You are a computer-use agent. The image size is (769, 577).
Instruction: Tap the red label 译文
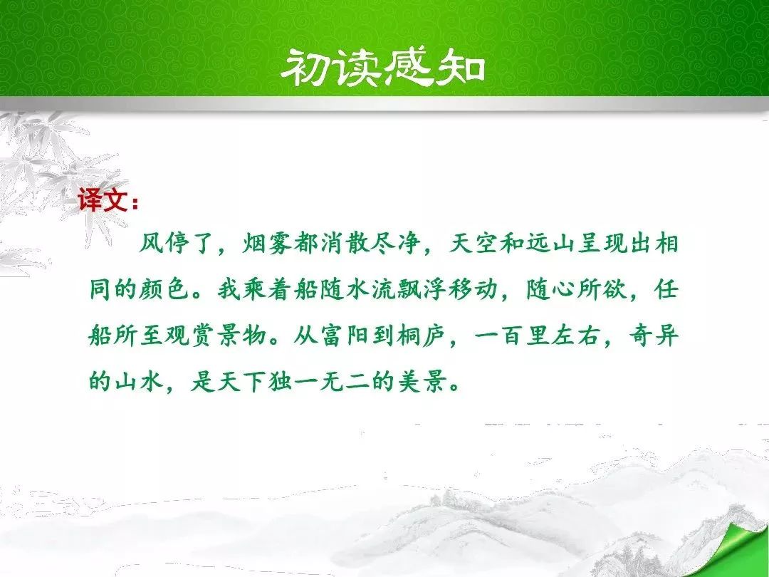[x=103, y=200]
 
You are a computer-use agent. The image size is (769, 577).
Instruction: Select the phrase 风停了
[x=177, y=243]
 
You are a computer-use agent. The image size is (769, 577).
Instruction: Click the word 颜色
[x=165, y=289]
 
